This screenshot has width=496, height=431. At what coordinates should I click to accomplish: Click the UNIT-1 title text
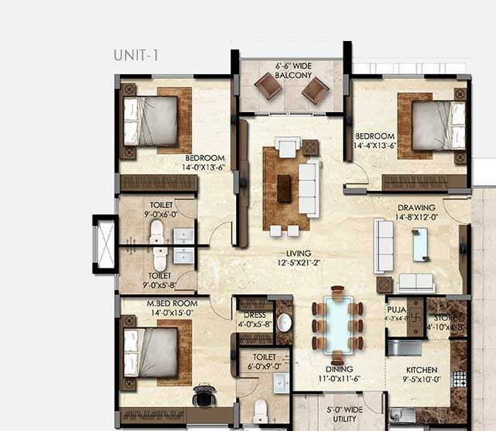click(135, 55)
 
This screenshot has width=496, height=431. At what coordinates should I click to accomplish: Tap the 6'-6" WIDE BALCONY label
click(293, 71)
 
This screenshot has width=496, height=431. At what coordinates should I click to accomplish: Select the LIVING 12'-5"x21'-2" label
click(298, 258)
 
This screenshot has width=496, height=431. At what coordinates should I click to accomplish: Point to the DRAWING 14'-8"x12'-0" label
click(416, 213)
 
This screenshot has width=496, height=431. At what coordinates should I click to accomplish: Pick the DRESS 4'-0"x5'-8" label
click(254, 320)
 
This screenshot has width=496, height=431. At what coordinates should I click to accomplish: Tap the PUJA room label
click(396, 312)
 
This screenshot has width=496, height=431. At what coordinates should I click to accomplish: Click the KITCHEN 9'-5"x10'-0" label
click(421, 375)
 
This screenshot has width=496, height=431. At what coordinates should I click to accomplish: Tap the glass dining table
click(337, 324)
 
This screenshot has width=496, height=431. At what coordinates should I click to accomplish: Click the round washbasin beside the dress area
click(283, 323)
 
